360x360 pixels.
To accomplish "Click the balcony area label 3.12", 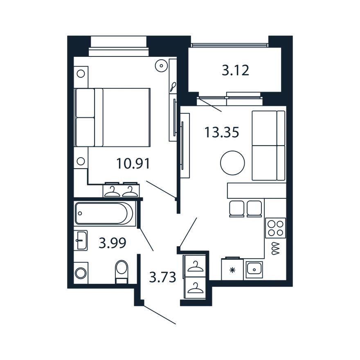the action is click(235, 70).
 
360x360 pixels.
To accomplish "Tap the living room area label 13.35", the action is click(222, 132).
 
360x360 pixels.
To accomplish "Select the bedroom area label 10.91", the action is click(133, 164).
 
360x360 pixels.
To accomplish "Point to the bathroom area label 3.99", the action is click(112, 243).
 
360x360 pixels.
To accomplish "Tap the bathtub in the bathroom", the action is click(104, 213).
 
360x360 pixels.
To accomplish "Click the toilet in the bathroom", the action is click(122, 272).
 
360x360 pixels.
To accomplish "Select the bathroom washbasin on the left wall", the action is click(81, 241).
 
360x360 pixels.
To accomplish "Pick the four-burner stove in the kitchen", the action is click(275, 228).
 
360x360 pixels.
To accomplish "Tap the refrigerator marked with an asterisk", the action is click(232, 269).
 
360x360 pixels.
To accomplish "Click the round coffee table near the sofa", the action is click(232, 163).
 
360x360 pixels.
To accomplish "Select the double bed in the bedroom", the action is click(112, 117).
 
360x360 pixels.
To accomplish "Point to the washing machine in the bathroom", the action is click(81, 273).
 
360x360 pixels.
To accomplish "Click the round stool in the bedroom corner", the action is click(162, 66).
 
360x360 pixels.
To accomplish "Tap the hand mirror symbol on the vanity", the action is click(173, 87).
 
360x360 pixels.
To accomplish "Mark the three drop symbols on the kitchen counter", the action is click(276, 248).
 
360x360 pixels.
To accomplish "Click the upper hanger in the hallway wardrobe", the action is click(196, 267).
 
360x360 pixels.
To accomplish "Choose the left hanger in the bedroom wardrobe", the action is click(112, 191).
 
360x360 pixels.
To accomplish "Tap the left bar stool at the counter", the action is click(236, 209).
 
